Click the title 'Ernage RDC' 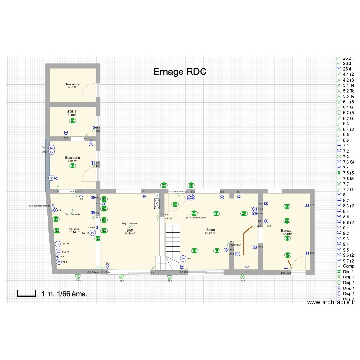tap(180, 72)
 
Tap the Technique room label tap(73, 85)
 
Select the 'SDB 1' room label tap(72, 113)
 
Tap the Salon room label tap(210, 231)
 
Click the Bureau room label tap(286, 232)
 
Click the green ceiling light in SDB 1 tap(72, 121)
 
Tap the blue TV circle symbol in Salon tap(183, 258)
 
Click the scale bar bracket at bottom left tap(27, 293)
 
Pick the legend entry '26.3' tap(347, 63)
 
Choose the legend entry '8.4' tap(346, 211)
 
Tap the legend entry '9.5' tap(346, 250)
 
